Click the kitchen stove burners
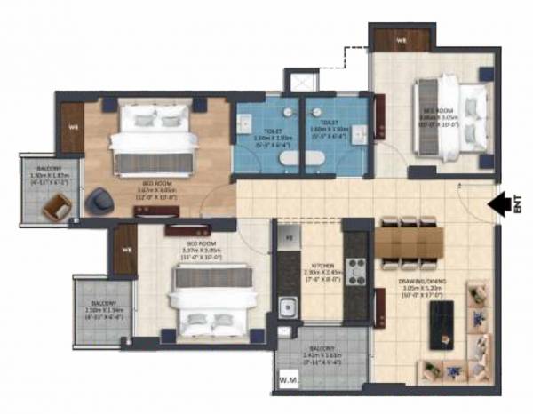[x=356, y=270]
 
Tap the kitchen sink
[x=288, y=308]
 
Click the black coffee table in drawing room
[x=442, y=324]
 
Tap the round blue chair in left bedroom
[x=97, y=203]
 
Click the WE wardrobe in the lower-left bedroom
[x=126, y=249]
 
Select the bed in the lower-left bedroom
[x=206, y=302]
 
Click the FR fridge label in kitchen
[x=287, y=238]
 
